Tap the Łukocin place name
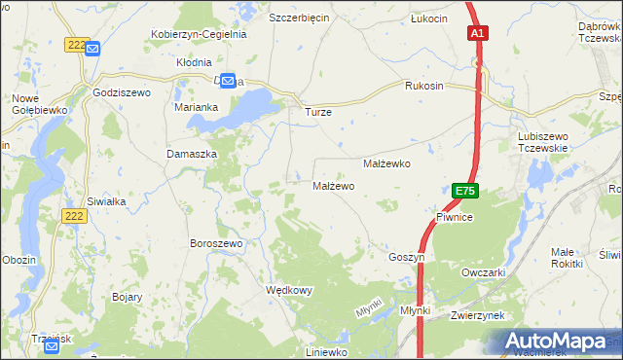tap(428, 18)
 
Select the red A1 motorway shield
tap(477, 33)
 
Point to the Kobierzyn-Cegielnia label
tap(199, 33)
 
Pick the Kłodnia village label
tap(194, 60)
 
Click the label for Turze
tap(318, 112)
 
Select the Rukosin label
tap(423, 86)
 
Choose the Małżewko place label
tap(386, 164)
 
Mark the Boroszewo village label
tap(215, 243)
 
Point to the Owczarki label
tap(483, 272)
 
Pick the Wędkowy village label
tap(289, 290)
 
